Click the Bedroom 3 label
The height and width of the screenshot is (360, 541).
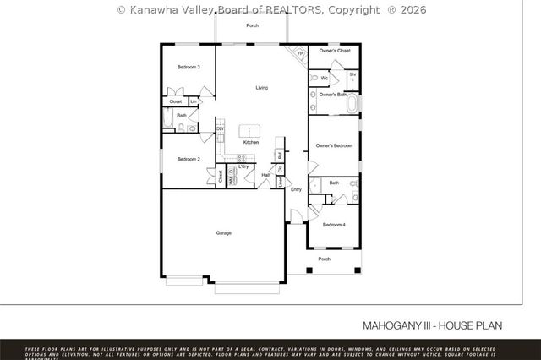(188, 67)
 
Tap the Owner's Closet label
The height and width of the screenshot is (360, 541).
(334, 51)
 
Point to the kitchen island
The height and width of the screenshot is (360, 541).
(250, 130)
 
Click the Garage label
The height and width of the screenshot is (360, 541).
(223, 232)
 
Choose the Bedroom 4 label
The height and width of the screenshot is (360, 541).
(334, 224)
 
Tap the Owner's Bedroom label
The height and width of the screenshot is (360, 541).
(334, 145)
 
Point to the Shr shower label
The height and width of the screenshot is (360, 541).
(352, 74)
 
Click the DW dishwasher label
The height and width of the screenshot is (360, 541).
(221, 129)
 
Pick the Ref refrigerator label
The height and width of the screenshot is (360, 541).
(280, 155)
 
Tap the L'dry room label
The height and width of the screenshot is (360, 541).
(243, 166)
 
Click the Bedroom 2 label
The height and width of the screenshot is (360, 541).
(188, 159)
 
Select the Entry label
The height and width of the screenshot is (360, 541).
(296, 189)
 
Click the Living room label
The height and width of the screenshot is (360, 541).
(262, 87)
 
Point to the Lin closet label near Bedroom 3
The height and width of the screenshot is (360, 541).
(194, 101)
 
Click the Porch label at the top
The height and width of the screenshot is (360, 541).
(252, 26)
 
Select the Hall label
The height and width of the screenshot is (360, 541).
(265, 175)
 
